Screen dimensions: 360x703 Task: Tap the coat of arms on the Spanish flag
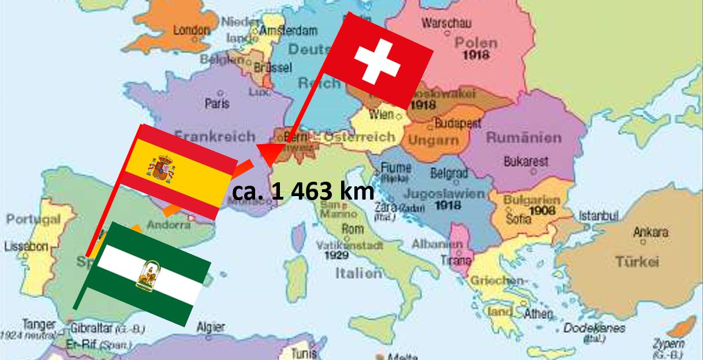click(x=162, y=168)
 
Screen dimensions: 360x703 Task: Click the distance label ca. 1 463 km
click(x=303, y=191)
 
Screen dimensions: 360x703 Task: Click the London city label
click(x=192, y=29)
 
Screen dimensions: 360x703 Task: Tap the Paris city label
click(x=217, y=104)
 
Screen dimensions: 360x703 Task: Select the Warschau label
click(x=447, y=24)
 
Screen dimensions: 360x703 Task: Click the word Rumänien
click(x=523, y=138)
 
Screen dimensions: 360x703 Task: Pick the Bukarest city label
click(x=526, y=162)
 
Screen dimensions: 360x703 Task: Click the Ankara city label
click(x=650, y=232)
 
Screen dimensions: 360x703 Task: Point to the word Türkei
click(x=637, y=262)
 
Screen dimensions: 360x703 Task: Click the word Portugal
click(x=33, y=219)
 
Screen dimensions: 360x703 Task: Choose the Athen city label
click(x=537, y=314)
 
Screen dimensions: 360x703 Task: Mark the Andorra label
click(x=169, y=225)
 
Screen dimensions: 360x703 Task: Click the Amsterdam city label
click(x=289, y=31)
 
